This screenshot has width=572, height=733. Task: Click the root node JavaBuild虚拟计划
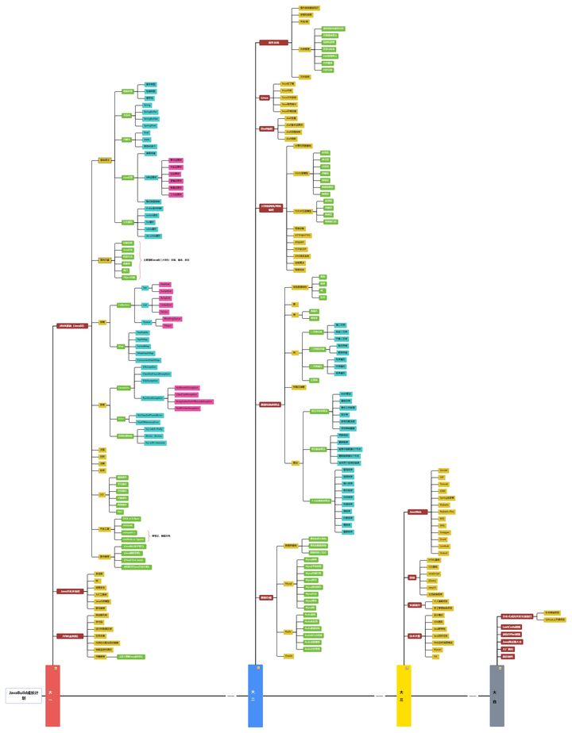pos(24,695)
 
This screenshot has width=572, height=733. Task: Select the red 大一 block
pos(52,696)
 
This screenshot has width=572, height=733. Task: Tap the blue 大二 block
pos(255,696)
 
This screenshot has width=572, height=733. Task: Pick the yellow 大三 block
pos(404,696)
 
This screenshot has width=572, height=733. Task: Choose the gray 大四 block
pos(497,696)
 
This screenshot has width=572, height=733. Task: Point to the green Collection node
pos(124,305)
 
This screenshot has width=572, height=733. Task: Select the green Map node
pos(121,346)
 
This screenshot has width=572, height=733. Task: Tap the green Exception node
pos(124,388)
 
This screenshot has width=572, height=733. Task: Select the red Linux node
pos(265,98)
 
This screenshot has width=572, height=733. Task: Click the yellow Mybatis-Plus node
pos(447,512)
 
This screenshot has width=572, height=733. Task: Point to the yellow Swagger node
pos(445,532)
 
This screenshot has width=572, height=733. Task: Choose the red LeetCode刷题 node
pos(511,627)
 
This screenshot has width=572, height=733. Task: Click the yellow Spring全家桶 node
pos(446,498)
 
